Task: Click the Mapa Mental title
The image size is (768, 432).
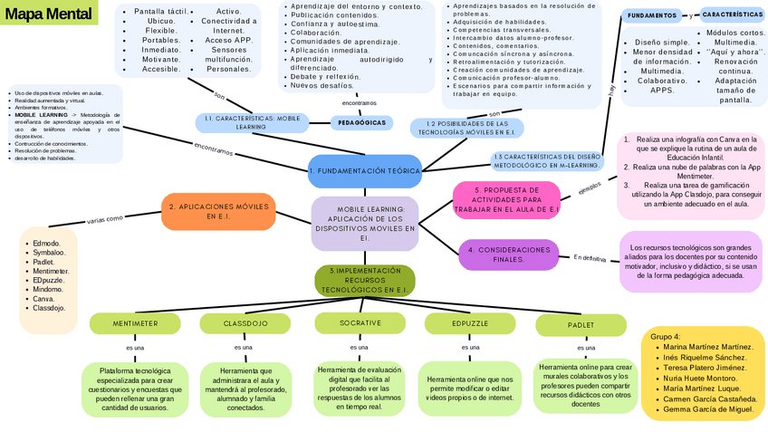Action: [41, 14]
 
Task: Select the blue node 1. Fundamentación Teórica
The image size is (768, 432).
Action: [365, 170]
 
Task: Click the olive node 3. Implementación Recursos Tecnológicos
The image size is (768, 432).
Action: [365, 280]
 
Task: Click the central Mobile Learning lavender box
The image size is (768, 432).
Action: [365, 223]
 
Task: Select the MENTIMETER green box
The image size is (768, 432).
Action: [134, 323]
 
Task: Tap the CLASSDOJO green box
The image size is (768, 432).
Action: [245, 323]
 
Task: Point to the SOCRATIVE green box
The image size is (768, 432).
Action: [360, 323]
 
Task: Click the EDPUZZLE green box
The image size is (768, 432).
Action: [469, 323]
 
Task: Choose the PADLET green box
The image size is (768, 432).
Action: [581, 324]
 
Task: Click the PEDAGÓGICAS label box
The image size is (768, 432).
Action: [360, 122]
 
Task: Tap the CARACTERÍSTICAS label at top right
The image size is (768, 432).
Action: [733, 15]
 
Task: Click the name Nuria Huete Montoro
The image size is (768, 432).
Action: [700, 379]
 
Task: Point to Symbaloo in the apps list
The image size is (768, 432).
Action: [49, 252]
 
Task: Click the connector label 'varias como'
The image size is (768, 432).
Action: [104, 218]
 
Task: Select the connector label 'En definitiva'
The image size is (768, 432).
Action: [590, 258]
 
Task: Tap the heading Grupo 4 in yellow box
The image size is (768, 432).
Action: [666, 336]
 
